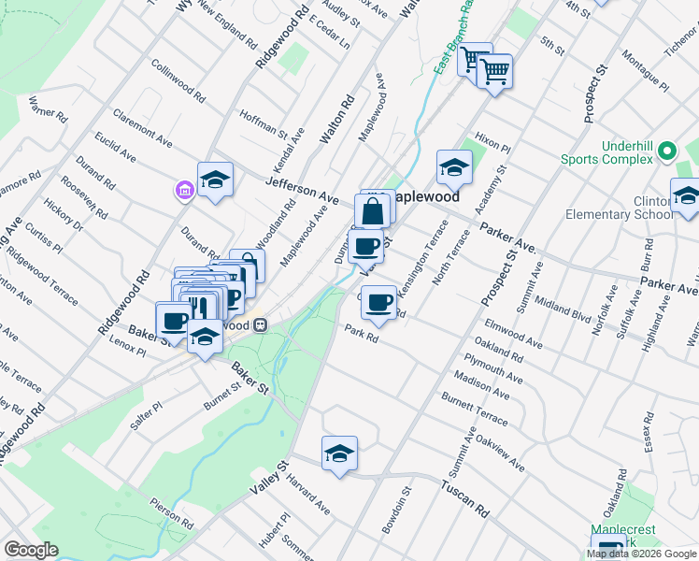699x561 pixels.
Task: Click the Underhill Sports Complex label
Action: (x=606, y=152)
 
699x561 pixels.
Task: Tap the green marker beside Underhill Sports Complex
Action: (x=666, y=151)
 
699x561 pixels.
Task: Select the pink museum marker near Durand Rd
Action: (x=184, y=191)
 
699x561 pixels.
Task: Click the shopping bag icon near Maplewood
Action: (x=372, y=210)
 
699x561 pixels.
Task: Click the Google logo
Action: (x=31, y=550)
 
